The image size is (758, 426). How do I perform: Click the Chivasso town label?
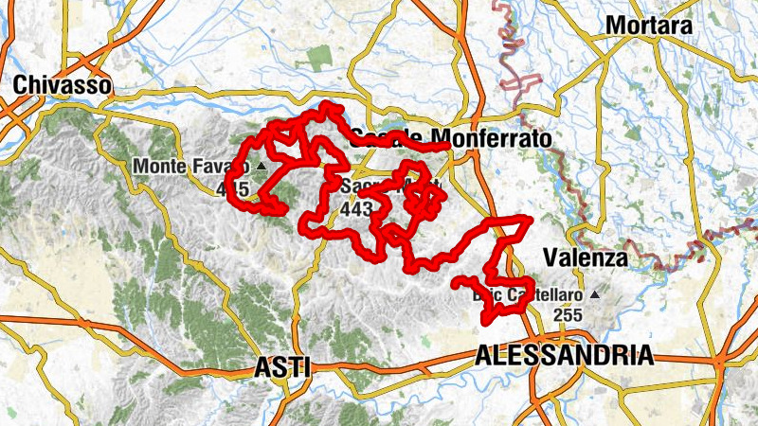pos(63,84)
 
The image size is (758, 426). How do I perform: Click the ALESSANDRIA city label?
pos(564,356)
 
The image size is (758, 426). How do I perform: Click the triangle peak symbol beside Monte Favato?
pos(261,166)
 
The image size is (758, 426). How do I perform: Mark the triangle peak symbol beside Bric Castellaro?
pos(594,294)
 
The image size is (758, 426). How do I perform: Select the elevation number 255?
pos(568,315)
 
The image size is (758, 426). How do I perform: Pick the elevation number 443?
pos(356,209)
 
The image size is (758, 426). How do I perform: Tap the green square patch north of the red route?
pos(320,57)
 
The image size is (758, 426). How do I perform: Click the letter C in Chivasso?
pos(20,84)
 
